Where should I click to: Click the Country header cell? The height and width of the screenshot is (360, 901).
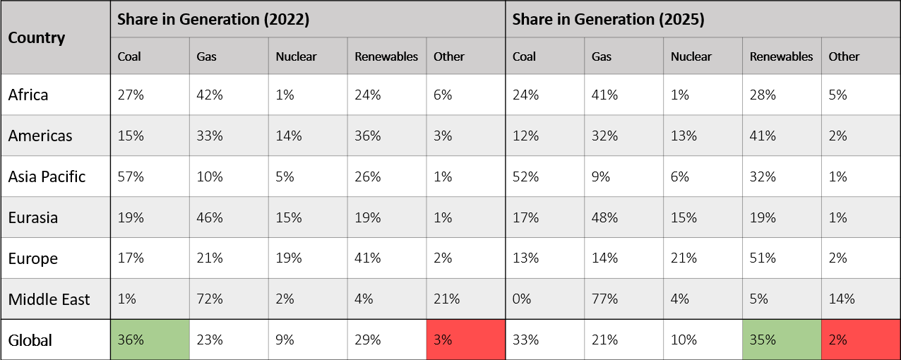pos(37,38)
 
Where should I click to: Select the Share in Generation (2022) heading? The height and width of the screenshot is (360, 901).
pos(213,20)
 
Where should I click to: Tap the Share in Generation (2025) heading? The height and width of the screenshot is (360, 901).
pos(608,20)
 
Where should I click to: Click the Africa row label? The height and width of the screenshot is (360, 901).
pos(28,95)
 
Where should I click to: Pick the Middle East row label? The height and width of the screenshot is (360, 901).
pos(49,299)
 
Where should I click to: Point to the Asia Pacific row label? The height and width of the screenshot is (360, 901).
pos(47,176)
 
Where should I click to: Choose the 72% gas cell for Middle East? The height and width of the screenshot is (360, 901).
pos(210,299)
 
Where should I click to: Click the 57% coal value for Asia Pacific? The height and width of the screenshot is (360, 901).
pos(131,176)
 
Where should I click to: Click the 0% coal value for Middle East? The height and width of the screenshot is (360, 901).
pos(523,299)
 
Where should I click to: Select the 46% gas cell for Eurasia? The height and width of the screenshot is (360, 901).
pos(210,217)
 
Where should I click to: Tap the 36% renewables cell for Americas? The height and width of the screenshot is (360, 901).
pos(368,136)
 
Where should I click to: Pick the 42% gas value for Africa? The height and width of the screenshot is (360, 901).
pos(210,95)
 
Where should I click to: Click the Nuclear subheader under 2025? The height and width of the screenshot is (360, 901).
pos(691,56)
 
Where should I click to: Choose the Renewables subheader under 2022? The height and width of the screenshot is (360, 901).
pos(386,56)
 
